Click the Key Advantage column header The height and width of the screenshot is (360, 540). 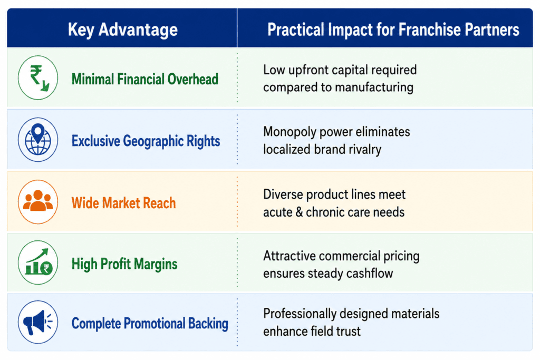pos(122,30)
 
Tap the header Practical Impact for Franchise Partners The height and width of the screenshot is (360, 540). pos(393,30)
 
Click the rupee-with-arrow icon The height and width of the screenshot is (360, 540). pos(38,78)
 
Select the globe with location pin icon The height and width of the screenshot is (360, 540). pos(38,140)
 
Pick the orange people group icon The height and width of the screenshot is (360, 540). pos(38,202)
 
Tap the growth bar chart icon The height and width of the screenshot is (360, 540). pos(38,262)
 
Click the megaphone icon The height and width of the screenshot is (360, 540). pos(38,322)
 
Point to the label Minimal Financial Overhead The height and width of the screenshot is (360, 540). pos(145,79)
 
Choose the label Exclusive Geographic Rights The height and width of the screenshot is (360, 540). pos(146,141)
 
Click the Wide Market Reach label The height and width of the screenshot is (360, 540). pos(123,203)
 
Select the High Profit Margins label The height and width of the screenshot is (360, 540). pos(124,264)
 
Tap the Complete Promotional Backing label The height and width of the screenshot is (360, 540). pos(150,324)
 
